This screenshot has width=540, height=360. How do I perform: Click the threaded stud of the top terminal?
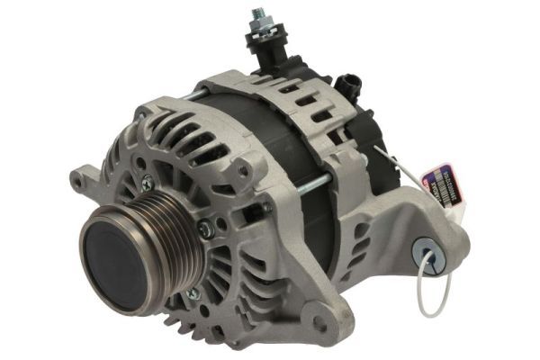259,16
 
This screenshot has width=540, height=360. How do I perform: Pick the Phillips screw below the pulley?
188,293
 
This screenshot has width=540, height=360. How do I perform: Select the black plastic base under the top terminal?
271,54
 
